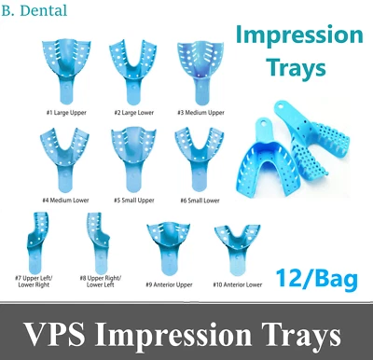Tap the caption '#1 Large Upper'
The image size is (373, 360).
tap(63, 112)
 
